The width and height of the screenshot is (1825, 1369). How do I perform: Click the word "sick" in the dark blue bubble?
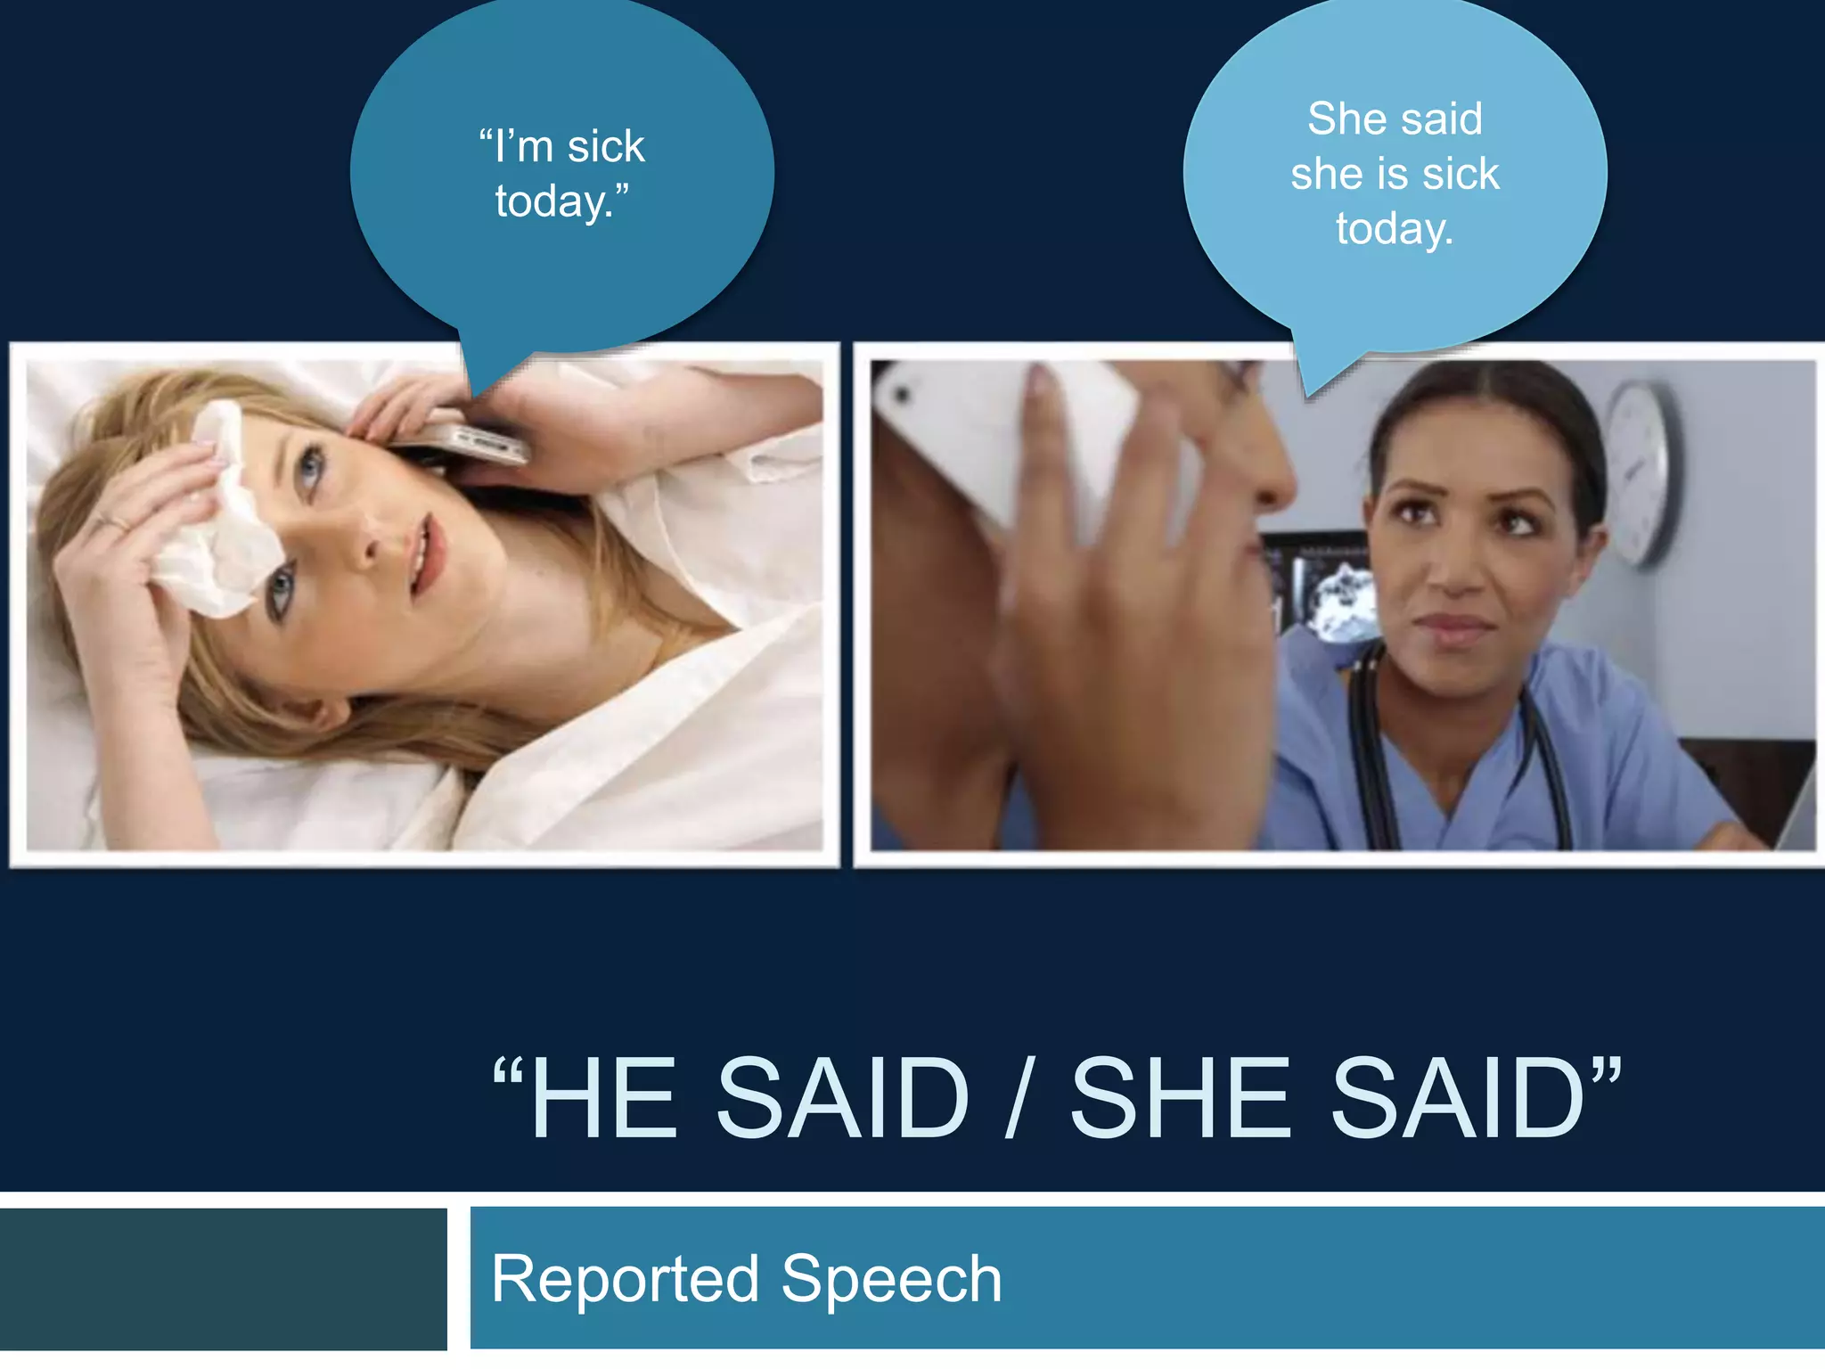click(x=606, y=147)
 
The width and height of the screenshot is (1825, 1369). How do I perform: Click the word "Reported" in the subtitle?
click(x=625, y=1279)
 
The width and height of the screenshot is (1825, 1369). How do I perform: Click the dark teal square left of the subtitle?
click(x=223, y=1279)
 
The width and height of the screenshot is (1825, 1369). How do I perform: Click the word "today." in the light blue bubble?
click(x=1395, y=229)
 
